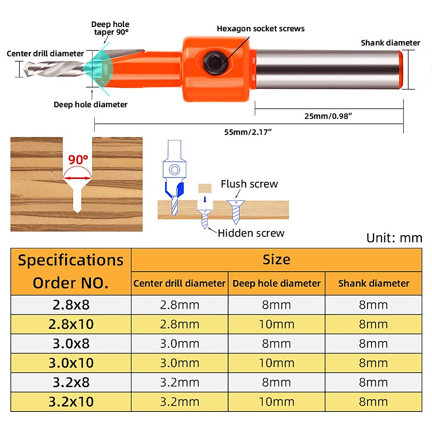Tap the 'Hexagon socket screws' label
click(x=260, y=29)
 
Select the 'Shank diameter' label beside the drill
click(x=390, y=43)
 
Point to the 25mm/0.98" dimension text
click(x=328, y=116)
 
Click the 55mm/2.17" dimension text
click(x=248, y=132)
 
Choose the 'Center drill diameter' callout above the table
click(x=45, y=54)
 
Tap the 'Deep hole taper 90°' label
click(x=111, y=28)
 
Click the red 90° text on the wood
click(x=78, y=159)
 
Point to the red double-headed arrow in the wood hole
click(x=77, y=178)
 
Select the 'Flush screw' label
click(x=249, y=184)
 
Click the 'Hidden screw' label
click(x=251, y=233)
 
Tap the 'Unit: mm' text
click(x=394, y=238)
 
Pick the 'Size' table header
click(x=276, y=260)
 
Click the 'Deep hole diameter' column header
click(x=276, y=284)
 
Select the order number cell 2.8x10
click(x=71, y=324)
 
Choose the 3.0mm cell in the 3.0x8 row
click(x=180, y=344)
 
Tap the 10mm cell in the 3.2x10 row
click(x=276, y=402)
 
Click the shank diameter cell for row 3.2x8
click(x=373, y=382)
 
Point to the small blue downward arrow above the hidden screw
click(x=205, y=199)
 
